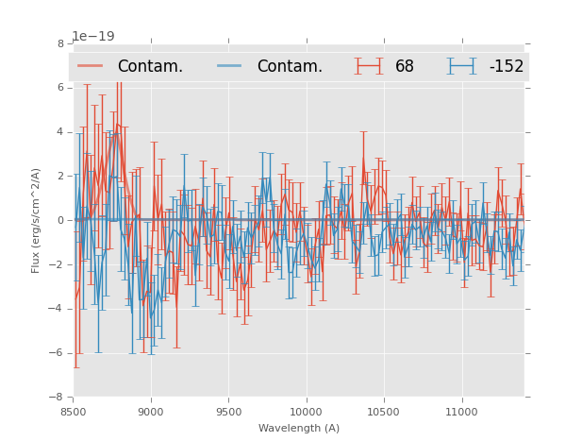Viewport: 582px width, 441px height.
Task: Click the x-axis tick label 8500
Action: point(73,412)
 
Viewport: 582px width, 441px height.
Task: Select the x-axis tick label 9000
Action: point(151,412)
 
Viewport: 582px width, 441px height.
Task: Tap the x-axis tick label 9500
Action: point(228,412)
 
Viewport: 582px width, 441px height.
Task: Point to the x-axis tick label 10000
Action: point(306,412)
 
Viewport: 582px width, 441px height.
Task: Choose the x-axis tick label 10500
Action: point(384,412)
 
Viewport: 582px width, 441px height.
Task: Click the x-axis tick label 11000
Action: point(461,412)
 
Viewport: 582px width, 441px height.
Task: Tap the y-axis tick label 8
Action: point(60,43)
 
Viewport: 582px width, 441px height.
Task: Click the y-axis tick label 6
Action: point(60,88)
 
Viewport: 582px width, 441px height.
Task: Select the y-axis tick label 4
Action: point(60,132)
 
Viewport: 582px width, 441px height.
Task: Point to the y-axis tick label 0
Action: point(60,220)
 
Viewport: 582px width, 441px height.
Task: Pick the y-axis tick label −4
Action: point(58,309)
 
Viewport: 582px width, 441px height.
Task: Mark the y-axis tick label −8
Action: point(58,398)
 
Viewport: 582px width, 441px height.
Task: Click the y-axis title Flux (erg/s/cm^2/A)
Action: point(36,220)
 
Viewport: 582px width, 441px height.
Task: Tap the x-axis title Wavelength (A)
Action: point(298,428)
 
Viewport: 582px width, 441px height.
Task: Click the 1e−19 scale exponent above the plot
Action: point(92,37)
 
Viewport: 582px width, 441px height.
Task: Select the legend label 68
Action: point(405,67)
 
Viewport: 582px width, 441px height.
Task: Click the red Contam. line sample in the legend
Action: point(91,66)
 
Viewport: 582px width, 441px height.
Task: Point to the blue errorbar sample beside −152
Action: point(461,66)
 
